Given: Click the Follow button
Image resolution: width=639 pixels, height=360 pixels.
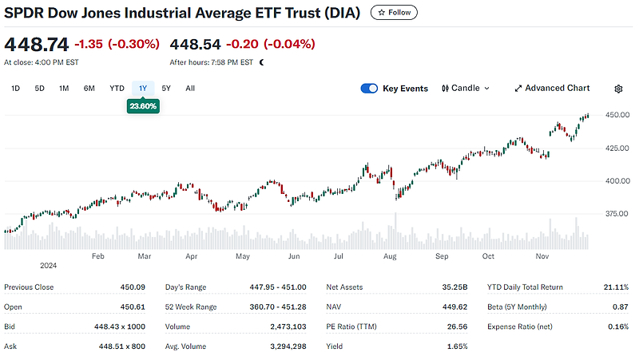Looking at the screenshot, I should click(394, 13).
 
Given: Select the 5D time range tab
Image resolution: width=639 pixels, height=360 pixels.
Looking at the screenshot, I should click(39, 89).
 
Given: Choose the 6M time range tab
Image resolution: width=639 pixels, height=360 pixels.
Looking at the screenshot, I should click(89, 89).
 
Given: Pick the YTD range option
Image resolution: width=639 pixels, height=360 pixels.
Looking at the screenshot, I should click(117, 89).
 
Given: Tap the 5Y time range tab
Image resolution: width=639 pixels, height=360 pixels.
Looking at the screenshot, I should click(166, 89).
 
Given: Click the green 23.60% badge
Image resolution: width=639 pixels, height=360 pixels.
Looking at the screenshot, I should click(142, 105).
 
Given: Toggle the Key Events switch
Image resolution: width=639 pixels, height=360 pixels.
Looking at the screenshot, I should click(369, 89).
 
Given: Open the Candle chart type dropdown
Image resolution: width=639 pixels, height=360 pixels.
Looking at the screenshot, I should click(466, 89).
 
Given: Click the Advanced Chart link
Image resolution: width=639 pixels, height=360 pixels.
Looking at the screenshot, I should click(552, 89).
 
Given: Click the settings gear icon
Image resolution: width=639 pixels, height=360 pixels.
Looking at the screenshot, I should click(618, 89).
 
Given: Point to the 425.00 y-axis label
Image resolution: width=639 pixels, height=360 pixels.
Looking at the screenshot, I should click(617, 148).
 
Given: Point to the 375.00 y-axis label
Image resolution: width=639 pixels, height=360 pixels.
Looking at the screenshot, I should click(617, 213).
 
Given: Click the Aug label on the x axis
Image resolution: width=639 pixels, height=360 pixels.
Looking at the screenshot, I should click(390, 257).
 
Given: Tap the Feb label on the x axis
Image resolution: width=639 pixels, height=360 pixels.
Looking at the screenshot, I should click(98, 257).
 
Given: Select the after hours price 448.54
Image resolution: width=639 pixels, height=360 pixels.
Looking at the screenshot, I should click(195, 44).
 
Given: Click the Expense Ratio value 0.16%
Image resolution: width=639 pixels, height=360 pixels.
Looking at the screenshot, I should click(617, 326).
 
